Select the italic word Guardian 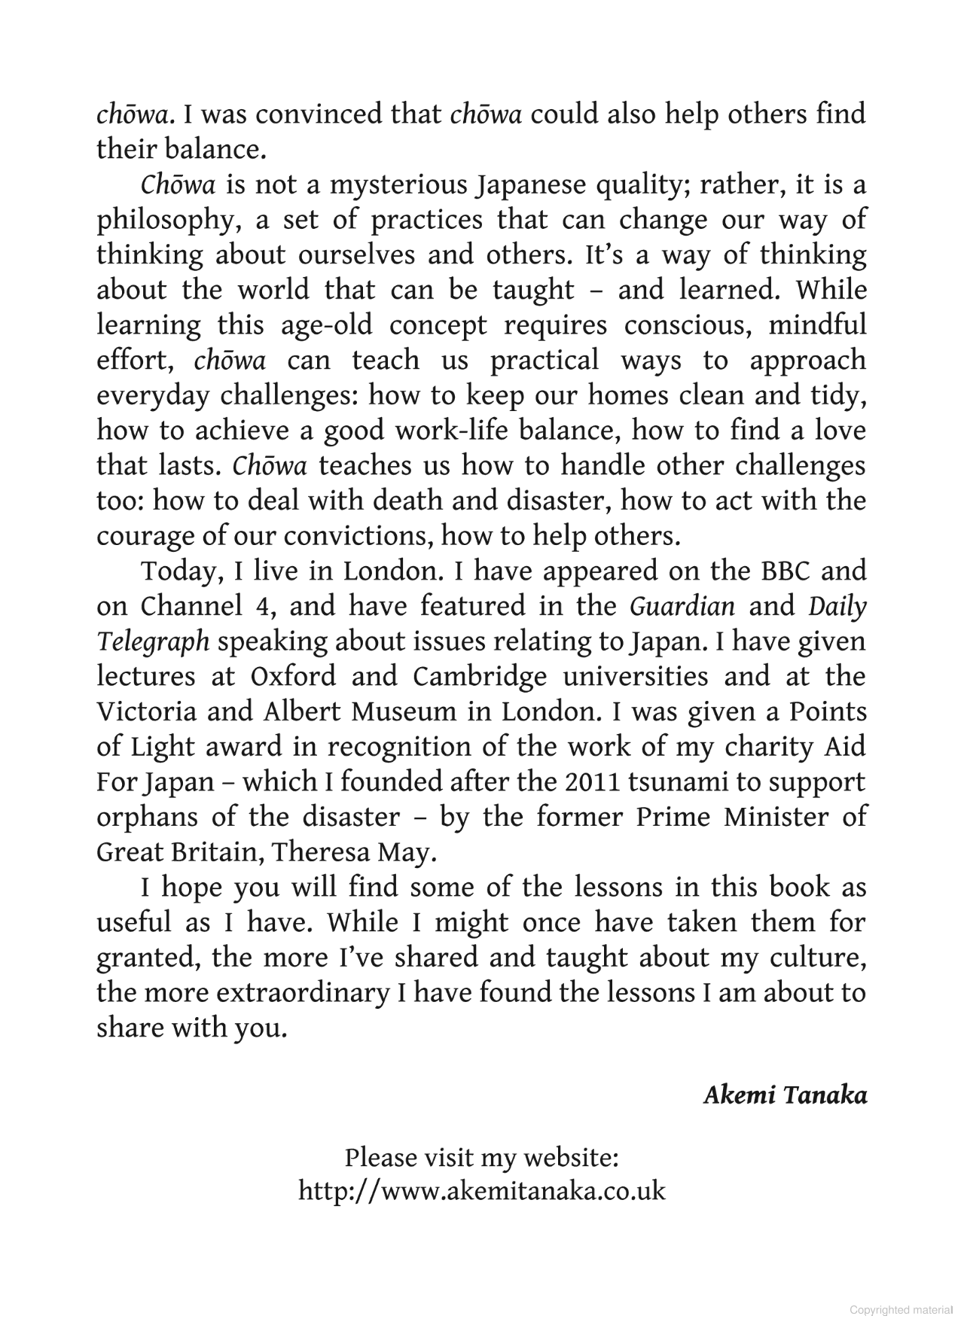pyautogui.click(x=682, y=606)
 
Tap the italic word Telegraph pyautogui.click(x=153, y=641)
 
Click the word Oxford pyautogui.click(x=292, y=676)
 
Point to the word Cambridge pyautogui.click(x=479, y=676)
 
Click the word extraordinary pyautogui.click(x=302, y=993)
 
